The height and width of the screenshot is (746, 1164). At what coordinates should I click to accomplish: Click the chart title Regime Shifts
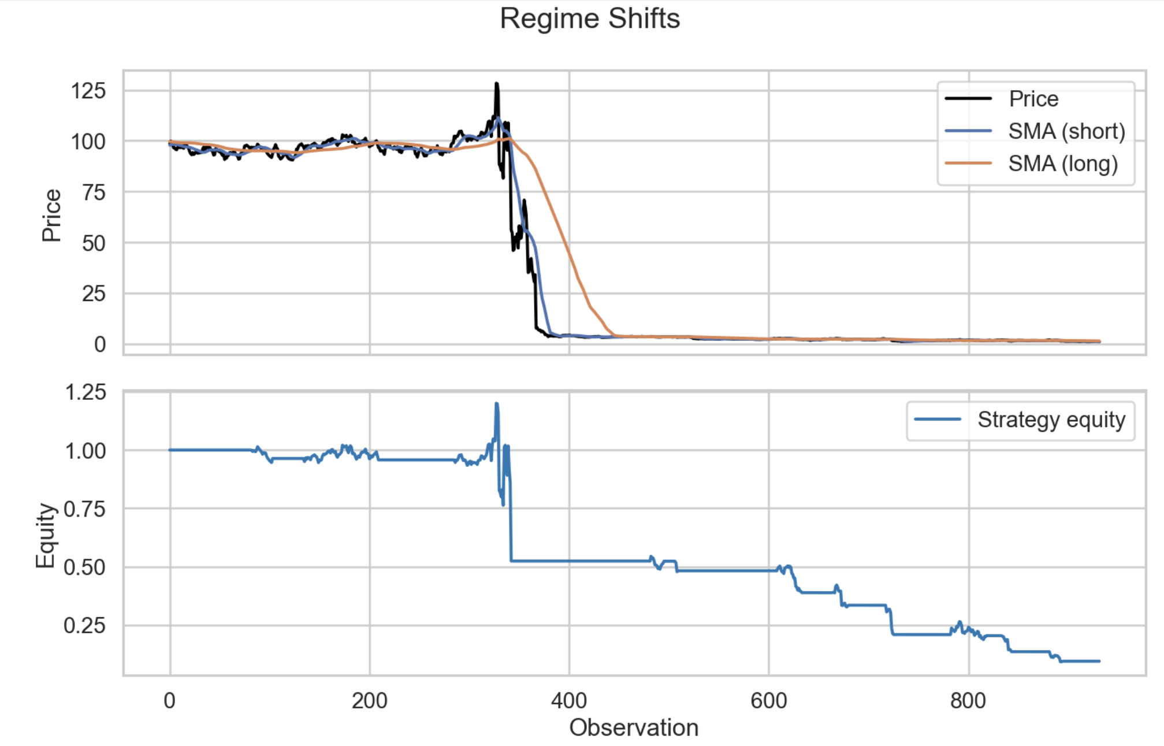click(589, 18)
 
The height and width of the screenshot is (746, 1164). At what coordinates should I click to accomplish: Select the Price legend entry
click(1033, 99)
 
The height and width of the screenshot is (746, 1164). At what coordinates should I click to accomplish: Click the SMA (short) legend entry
click(1066, 131)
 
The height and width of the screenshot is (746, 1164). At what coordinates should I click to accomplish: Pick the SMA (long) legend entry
click(1062, 164)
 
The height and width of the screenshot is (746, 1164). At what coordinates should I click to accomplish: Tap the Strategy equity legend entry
click(1051, 420)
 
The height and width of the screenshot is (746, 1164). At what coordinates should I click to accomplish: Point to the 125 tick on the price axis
click(88, 91)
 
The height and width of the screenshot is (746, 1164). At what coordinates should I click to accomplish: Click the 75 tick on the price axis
click(94, 192)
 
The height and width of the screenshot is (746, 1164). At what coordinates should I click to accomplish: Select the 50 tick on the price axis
click(94, 243)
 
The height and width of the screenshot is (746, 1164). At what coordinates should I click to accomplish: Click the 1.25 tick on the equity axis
click(85, 392)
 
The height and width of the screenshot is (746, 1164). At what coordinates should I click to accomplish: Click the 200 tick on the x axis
click(370, 701)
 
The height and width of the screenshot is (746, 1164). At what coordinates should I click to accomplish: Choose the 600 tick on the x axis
click(768, 701)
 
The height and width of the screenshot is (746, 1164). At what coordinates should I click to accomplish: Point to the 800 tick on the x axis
click(968, 701)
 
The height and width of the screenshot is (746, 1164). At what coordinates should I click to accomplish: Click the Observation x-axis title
click(634, 728)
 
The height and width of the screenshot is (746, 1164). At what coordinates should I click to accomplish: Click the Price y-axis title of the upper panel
click(51, 215)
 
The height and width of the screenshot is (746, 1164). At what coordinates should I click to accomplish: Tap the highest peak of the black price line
click(496, 84)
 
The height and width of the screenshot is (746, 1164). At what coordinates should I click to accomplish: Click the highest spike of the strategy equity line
click(496, 404)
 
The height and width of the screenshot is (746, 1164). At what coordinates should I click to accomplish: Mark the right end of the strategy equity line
click(1099, 661)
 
